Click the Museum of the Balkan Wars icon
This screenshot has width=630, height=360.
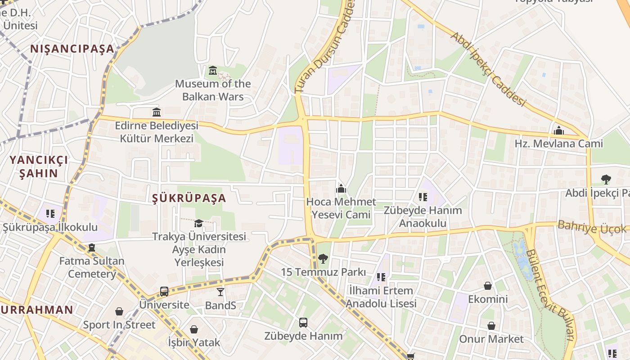coord(213,71)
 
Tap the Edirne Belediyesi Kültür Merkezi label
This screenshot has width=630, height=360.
coord(157,131)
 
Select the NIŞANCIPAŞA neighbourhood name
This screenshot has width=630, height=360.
coord(72,49)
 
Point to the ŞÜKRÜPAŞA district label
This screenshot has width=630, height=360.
coord(189,198)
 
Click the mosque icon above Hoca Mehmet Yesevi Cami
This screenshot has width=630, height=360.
coord(341,189)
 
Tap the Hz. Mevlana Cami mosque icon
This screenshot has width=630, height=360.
coord(559,131)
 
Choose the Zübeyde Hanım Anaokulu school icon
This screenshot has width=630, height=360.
coord(423,197)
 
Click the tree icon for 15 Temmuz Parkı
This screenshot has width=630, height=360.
coord(323,259)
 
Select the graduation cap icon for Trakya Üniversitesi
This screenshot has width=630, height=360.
coord(198,223)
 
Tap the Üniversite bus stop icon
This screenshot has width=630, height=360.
coord(164,292)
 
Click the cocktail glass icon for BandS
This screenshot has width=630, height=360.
coord(220,292)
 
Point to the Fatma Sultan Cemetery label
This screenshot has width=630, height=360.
coord(92,267)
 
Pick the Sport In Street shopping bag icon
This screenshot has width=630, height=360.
coord(119,311)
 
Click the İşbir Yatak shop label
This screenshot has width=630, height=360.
coord(194,342)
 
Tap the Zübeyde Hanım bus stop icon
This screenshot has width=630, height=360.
coord(303,322)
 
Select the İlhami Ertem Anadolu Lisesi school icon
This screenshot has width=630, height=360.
coord(381,277)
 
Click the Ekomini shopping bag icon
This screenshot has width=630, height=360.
coord(488,286)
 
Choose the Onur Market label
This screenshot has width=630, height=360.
coord(491,339)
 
